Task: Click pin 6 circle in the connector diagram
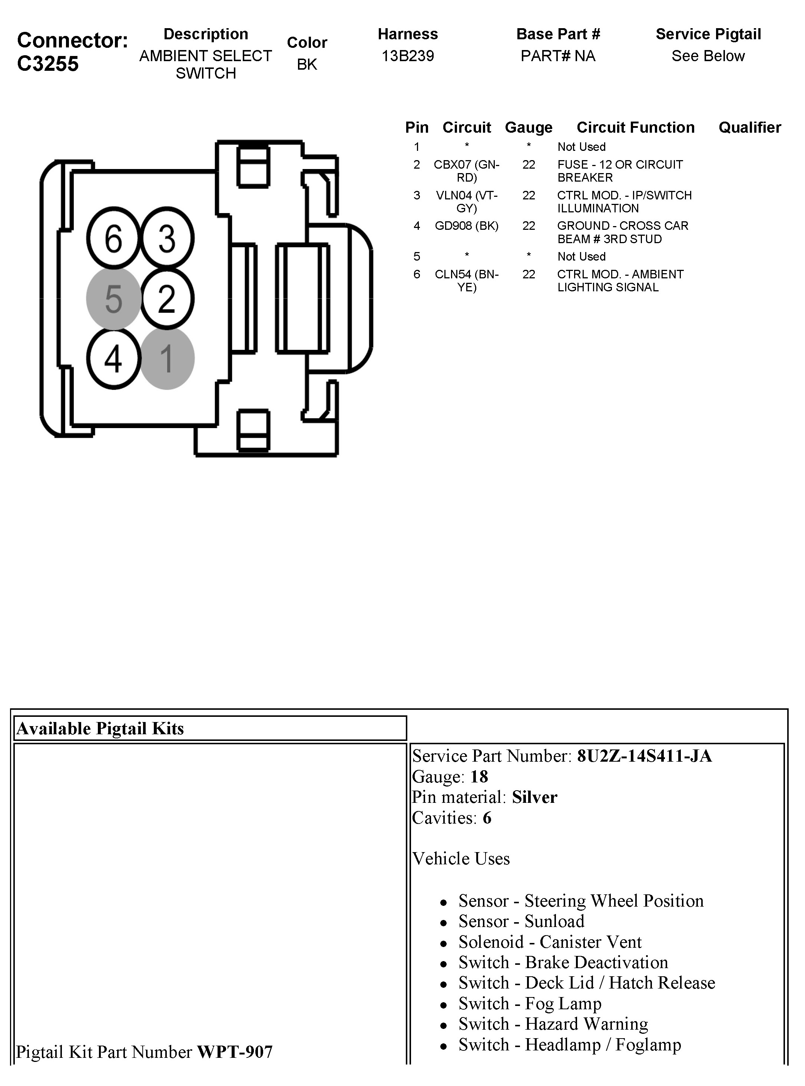(x=113, y=238)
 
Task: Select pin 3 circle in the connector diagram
(x=167, y=238)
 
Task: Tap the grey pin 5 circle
(x=113, y=299)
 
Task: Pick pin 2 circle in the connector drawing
(x=167, y=299)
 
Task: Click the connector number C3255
(x=48, y=64)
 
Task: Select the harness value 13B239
(x=407, y=56)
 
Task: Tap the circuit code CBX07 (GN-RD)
(x=466, y=171)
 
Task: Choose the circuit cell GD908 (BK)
(x=466, y=226)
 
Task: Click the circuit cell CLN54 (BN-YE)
(x=466, y=281)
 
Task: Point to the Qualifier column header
(x=749, y=128)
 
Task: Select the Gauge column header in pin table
(x=529, y=128)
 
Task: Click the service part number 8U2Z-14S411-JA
(x=644, y=756)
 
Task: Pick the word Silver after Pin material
(x=534, y=797)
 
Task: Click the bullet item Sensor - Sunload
(x=521, y=921)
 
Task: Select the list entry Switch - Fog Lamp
(x=530, y=1004)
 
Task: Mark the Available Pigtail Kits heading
(x=100, y=728)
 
